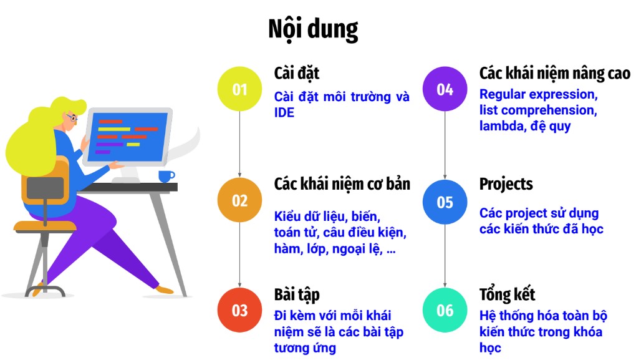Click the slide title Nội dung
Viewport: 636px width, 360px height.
(x=313, y=29)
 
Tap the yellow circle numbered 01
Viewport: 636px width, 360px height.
(x=239, y=89)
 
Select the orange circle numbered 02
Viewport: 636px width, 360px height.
(x=239, y=200)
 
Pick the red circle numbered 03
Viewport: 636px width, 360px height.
(x=239, y=310)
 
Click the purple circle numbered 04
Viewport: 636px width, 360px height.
(x=445, y=89)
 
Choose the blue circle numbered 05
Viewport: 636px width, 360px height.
(x=445, y=202)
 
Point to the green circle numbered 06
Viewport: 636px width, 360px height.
(x=445, y=310)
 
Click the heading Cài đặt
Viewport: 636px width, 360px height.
(x=297, y=74)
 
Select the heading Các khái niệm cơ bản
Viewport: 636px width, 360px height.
(x=342, y=184)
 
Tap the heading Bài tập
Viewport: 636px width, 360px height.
(x=297, y=294)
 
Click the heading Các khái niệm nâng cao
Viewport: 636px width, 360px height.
(x=555, y=74)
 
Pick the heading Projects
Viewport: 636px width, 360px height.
(x=506, y=184)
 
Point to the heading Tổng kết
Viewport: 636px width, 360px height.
(x=507, y=294)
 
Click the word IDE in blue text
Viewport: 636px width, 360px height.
(x=284, y=112)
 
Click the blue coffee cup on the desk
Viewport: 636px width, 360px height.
(x=166, y=176)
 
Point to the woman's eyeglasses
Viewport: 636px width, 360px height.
(x=71, y=118)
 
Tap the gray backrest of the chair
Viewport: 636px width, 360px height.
(x=45, y=188)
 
